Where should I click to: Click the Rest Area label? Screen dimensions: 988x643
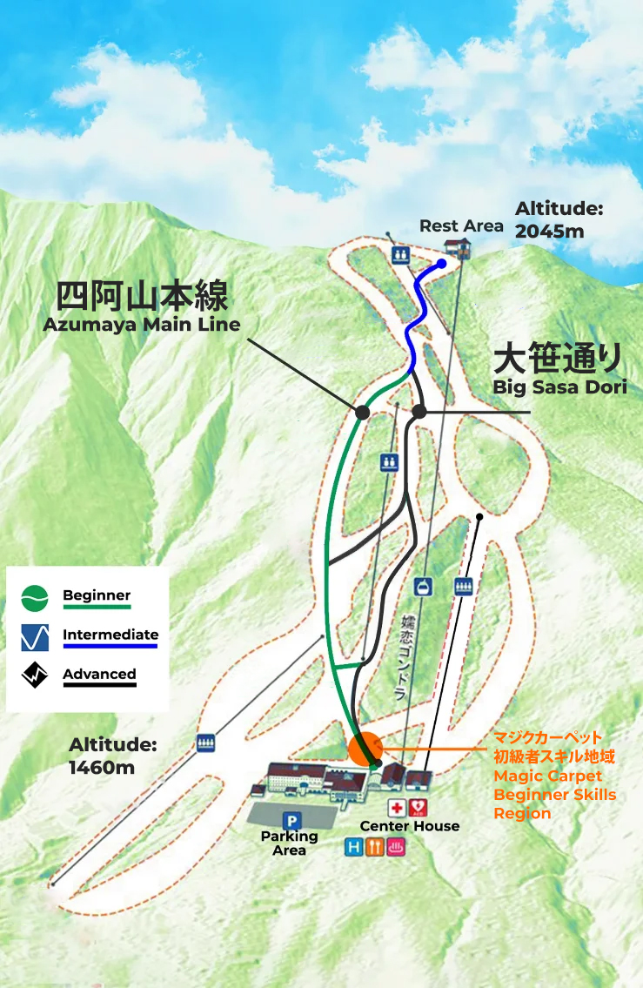(461, 226)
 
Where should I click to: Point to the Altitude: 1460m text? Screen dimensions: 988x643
(113, 756)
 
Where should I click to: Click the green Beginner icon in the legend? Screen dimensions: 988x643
(35, 597)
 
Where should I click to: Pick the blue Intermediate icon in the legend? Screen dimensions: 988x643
(35, 637)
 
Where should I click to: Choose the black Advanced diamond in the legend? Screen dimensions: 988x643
(35, 675)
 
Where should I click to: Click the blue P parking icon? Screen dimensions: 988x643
(291, 820)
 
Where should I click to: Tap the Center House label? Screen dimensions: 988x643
(410, 826)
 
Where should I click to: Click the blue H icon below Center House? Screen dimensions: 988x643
(354, 847)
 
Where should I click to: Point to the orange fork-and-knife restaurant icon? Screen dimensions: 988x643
(375, 847)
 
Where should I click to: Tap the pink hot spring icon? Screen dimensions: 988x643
(396, 847)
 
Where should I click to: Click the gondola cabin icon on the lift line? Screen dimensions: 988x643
(423, 588)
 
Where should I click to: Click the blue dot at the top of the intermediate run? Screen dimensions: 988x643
(442, 263)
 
